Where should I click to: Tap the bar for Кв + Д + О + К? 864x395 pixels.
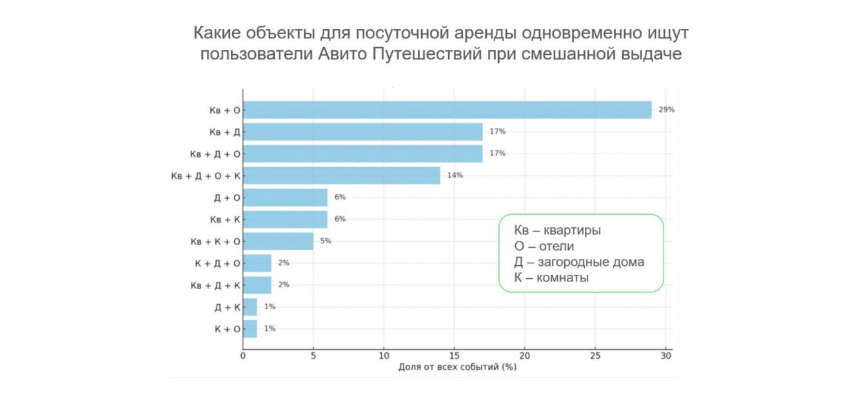click(341, 176)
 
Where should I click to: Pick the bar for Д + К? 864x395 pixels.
click(250, 307)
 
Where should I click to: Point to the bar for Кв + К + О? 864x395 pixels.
click(278, 241)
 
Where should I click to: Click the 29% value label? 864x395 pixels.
click(666, 110)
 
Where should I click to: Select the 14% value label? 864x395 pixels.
click(455, 176)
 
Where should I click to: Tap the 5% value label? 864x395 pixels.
click(325, 241)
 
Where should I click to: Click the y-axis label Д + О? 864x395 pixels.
click(227, 197)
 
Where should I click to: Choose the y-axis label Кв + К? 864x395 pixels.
click(224, 219)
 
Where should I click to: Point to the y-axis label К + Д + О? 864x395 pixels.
click(217, 263)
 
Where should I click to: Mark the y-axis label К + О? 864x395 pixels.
click(227, 329)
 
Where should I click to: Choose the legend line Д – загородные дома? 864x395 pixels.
click(579, 262)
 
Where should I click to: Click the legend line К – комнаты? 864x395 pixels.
click(551, 278)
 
